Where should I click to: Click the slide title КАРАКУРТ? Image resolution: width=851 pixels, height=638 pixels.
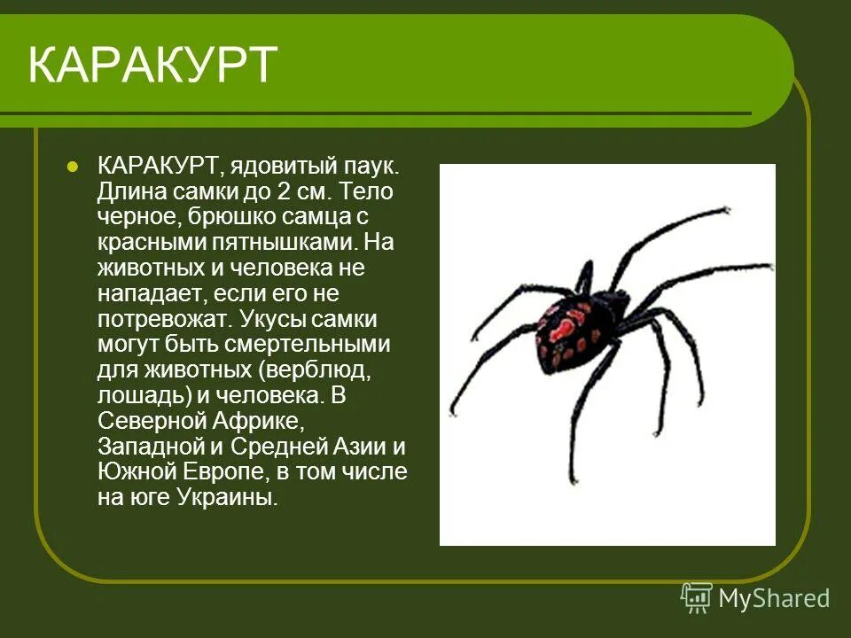[x=152, y=66]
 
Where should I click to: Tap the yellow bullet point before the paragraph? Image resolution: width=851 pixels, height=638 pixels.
[x=74, y=166]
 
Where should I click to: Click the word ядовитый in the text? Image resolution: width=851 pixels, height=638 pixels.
[x=284, y=166]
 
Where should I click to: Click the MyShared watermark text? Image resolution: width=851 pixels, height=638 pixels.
[x=774, y=598]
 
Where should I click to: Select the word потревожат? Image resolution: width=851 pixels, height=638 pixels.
[x=156, y=318]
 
